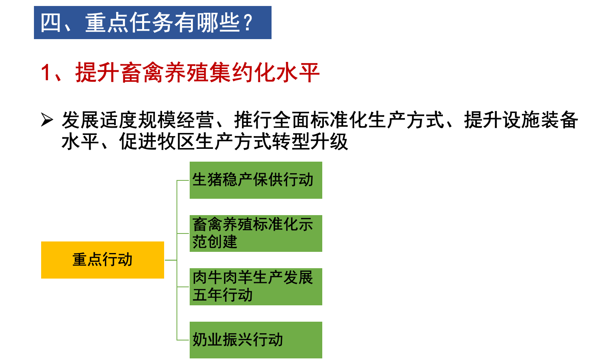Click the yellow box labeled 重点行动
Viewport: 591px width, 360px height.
(x=103, y=260)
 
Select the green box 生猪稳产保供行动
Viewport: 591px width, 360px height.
(x=256, y=180)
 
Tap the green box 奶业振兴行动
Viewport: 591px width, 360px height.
(x=256, y=340)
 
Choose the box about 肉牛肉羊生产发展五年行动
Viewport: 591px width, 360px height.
(x=256, y=287)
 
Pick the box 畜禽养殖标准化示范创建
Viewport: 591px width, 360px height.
(x=256, y=233)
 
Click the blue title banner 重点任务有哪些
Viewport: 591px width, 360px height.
(x=153, y=23)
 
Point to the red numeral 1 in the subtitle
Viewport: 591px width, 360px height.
(x=46, y=73)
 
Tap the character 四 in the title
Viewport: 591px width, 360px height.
(x=51, y=23)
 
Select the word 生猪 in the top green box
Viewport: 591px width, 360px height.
(x=207, y=180)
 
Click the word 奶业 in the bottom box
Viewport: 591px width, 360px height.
(x=207, y=340)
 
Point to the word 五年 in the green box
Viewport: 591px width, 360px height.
(x=207, y=295)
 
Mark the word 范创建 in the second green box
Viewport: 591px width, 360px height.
(x=215, y=242)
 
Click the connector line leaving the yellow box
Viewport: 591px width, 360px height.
(x=171, y=260)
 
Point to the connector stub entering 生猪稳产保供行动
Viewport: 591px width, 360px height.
(x=183, y=180)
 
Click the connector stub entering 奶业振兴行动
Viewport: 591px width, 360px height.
(x=183, y=340)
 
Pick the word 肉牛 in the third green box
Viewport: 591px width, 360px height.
(x=207, y=278)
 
